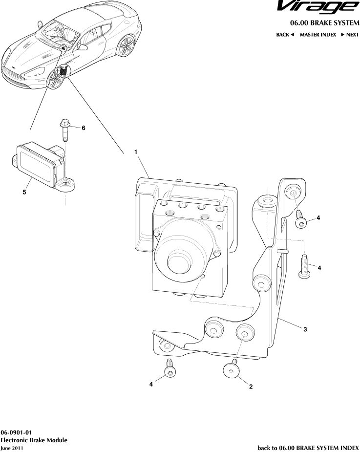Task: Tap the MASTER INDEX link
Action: (317, 35)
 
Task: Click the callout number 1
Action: (137, 152)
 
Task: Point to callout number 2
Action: (251, 387)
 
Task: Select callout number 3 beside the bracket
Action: (305, 329)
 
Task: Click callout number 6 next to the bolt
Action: (83, 128)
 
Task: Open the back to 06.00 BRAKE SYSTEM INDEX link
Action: (308, 447)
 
